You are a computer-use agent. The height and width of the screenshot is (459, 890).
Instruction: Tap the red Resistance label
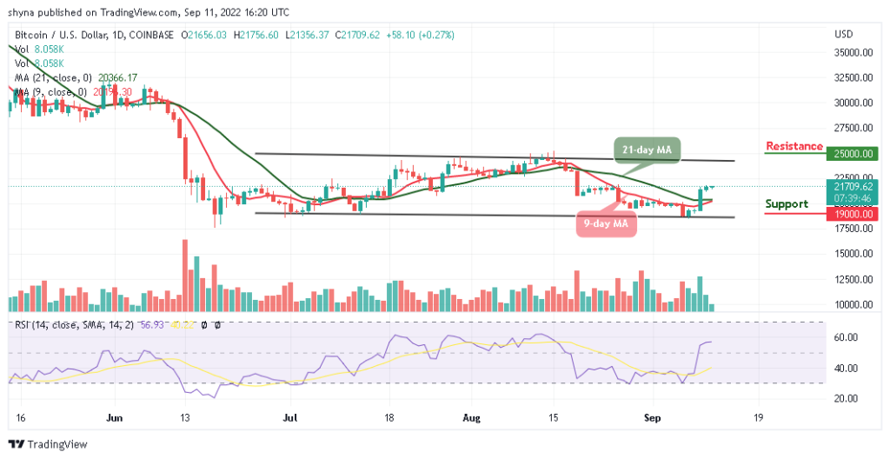[794, 145]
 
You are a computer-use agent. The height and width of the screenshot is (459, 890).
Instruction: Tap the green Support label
[786, 203]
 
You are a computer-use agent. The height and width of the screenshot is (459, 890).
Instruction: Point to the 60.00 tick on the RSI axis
[847, 337]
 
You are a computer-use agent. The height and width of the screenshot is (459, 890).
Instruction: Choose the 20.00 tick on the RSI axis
[847, 398]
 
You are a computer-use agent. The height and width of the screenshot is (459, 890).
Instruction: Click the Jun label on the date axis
[113, 417]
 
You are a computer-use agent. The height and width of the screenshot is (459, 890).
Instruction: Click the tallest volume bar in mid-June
[185, 275]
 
